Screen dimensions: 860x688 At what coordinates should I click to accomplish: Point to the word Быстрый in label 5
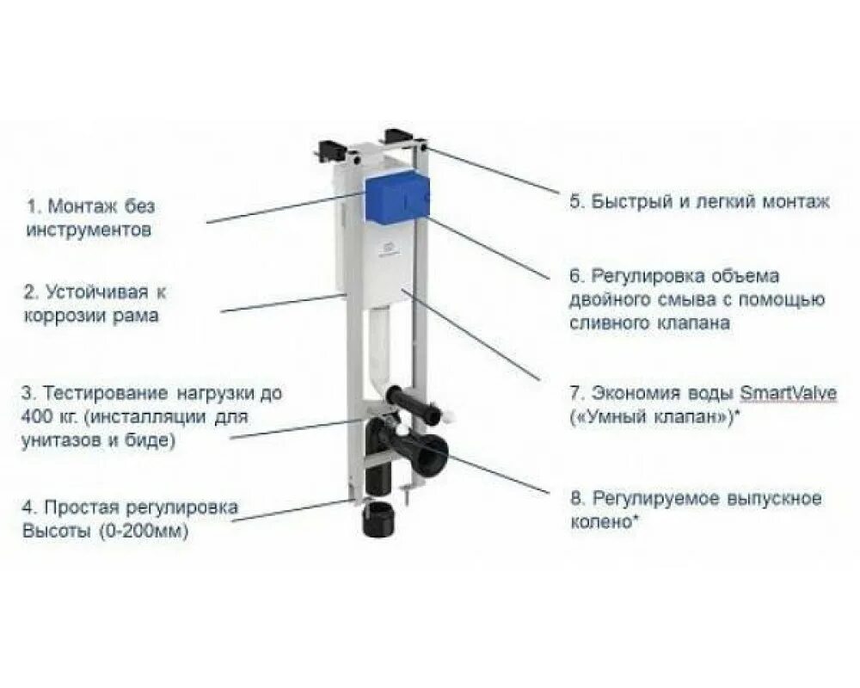pos(633,202)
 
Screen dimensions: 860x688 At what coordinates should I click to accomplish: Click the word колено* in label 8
pos(604,522)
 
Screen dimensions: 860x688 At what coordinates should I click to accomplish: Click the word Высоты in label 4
pos(56,531)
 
